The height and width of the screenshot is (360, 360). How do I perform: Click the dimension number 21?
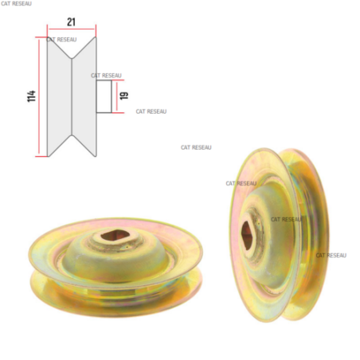(71, 22)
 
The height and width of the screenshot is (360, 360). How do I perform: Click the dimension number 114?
(31, 96)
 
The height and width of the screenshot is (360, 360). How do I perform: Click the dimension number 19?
(124, 96)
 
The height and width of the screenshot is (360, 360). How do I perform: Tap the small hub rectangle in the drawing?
(104, 96)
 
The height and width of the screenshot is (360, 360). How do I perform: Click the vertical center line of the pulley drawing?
(72, 96)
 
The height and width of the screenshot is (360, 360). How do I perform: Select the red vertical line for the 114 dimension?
(39, 96)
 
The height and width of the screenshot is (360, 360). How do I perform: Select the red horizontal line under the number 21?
(72, 29)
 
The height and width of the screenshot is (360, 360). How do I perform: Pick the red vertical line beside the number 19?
(116, 96)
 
